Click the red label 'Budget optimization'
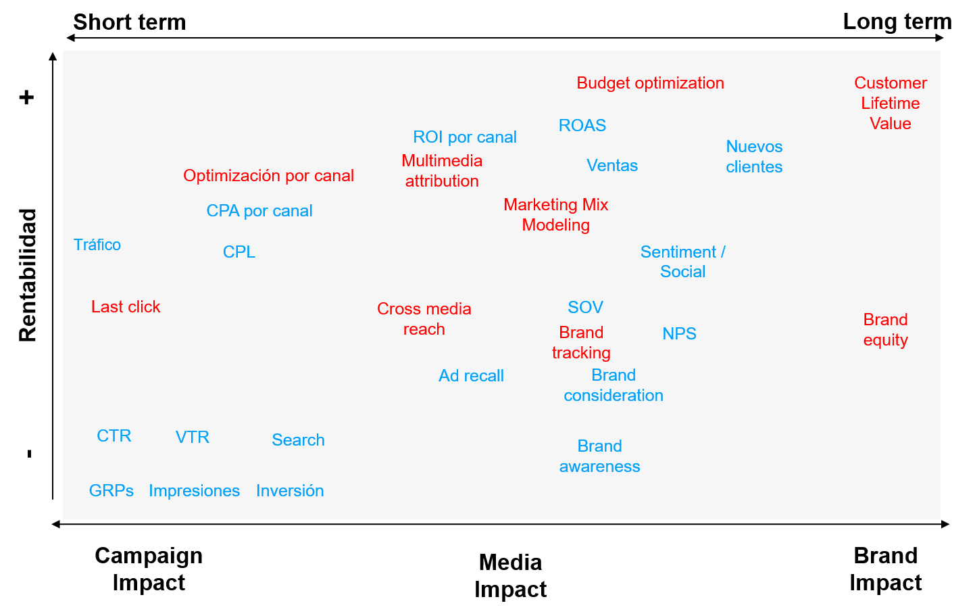(x=650, y=83)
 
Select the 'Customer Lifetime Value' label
(x=890, y=103)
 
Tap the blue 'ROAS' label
(x=582, y=126)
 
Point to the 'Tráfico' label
(x=97, y=245)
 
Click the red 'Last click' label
(x=126, y=307)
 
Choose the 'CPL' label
(x=239, y=252)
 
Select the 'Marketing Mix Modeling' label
(x=555, y=215)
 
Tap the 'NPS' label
(x=679, y=334)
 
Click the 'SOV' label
(x=585, y=308)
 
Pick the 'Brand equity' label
(x=885, y=330)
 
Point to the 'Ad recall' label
(x=471, y=376)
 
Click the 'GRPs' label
(x=111, y=491)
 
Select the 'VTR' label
(x=193, y=437)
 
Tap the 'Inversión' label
(x=290, y=491)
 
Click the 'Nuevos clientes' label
(x=754, y=157)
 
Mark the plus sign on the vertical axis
(x=26, y=98)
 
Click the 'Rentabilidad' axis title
(x=28, y=275)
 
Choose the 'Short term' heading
(x=129, y=22)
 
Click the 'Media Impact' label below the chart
(x=510, y=575)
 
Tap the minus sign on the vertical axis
(x=29, y=454)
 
